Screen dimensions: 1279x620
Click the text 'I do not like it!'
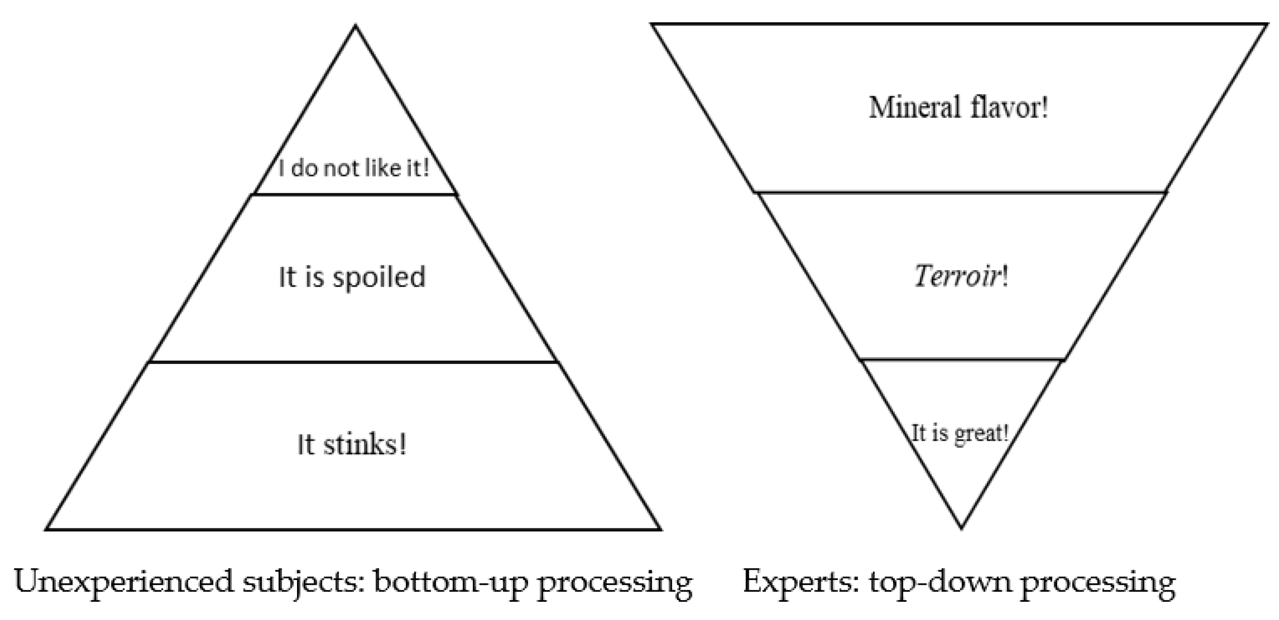(x=354, y=169)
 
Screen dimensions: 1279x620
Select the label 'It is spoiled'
(x=352, y=277)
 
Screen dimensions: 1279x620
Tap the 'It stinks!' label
(x=352, y=444)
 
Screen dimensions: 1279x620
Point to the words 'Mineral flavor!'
(x=959, y=107)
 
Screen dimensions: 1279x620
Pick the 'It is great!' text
(x=960, y=433)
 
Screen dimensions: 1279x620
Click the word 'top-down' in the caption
(x=939, y=581)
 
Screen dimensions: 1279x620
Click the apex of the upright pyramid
(x=356, y=26)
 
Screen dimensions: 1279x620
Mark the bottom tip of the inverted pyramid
(x=961, y=528)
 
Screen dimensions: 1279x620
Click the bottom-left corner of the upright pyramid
(x=47, y=529)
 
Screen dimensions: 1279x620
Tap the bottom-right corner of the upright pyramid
(x=661, y=529)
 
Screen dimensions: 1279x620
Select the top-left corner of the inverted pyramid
(x=652, y=24)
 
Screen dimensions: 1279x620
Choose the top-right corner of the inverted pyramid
(x=1267, y=24)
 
